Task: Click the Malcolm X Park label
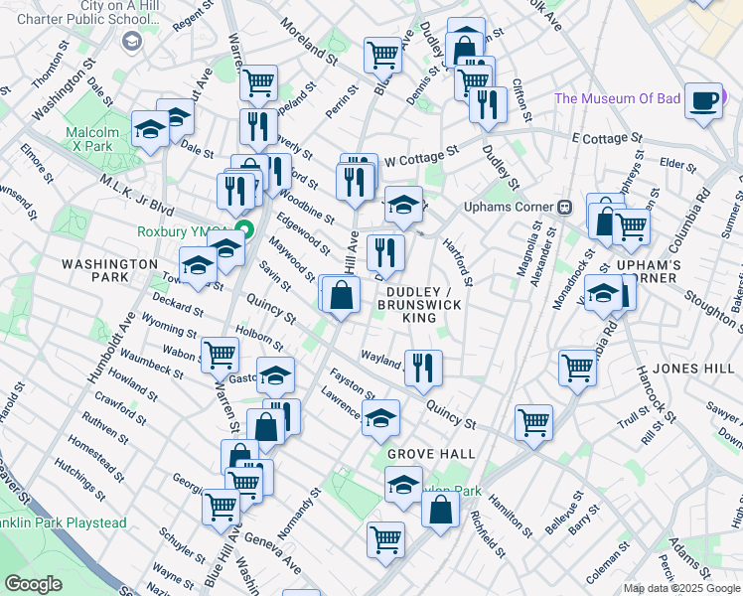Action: (92, 139)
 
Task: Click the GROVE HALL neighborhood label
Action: (430, 453)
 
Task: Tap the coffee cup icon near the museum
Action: (704, 101)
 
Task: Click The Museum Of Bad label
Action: (617, 98)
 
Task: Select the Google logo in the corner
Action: (33, 584)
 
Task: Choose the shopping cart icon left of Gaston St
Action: (220, 354)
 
